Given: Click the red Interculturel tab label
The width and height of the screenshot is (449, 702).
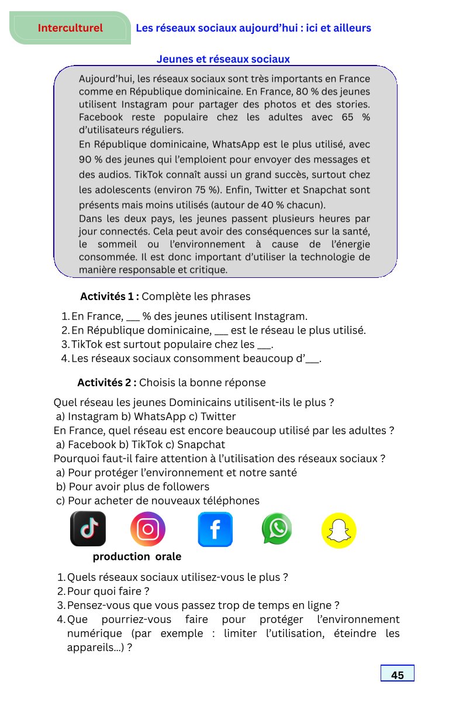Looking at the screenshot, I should tap(70, 28).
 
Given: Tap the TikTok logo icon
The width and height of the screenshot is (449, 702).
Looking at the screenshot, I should tap(88, 529).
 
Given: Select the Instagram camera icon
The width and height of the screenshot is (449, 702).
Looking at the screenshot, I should tap(148, 529).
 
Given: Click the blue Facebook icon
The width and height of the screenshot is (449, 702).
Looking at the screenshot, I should tap(215, 529).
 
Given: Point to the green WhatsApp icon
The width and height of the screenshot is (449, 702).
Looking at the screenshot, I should tap(277, 529).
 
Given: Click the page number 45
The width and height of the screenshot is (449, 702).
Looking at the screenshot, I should tap(398, 675).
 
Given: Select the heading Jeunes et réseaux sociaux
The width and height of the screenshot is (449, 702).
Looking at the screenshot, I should tap(223, 59).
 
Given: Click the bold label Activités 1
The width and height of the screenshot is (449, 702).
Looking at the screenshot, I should tap(109, 296).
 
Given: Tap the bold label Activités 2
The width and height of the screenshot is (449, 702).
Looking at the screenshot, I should tap(106, 383).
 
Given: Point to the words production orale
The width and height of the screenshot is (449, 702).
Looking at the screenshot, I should tap(137, 556).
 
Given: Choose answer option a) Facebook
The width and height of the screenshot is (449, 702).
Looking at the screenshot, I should tap(86, 444).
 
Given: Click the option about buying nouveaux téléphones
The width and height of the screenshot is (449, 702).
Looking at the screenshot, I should tap(158, 500).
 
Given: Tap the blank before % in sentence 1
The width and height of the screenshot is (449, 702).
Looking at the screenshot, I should tap(133, 316).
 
